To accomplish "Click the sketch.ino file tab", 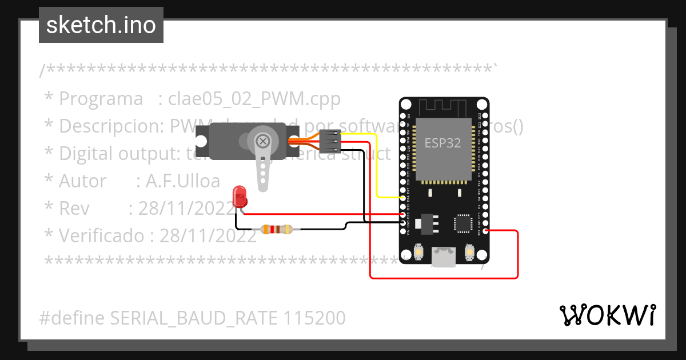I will (101, 25).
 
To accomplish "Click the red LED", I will (240, 197).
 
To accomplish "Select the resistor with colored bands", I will (277, 230).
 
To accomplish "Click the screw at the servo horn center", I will (263, 141).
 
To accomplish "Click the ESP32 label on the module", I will (442, 143).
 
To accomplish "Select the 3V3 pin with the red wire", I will (485, 231).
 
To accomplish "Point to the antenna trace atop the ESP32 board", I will (443, 107).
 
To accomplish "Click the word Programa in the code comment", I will (101, 99).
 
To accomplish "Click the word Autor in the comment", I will (82, 181).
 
